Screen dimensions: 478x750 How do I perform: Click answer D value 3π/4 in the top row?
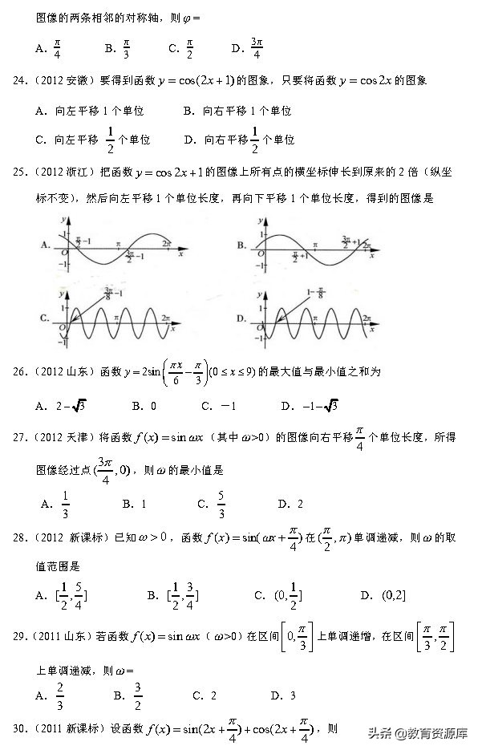(x=257, y=48)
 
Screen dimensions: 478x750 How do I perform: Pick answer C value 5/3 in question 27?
(x=221, y=504)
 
